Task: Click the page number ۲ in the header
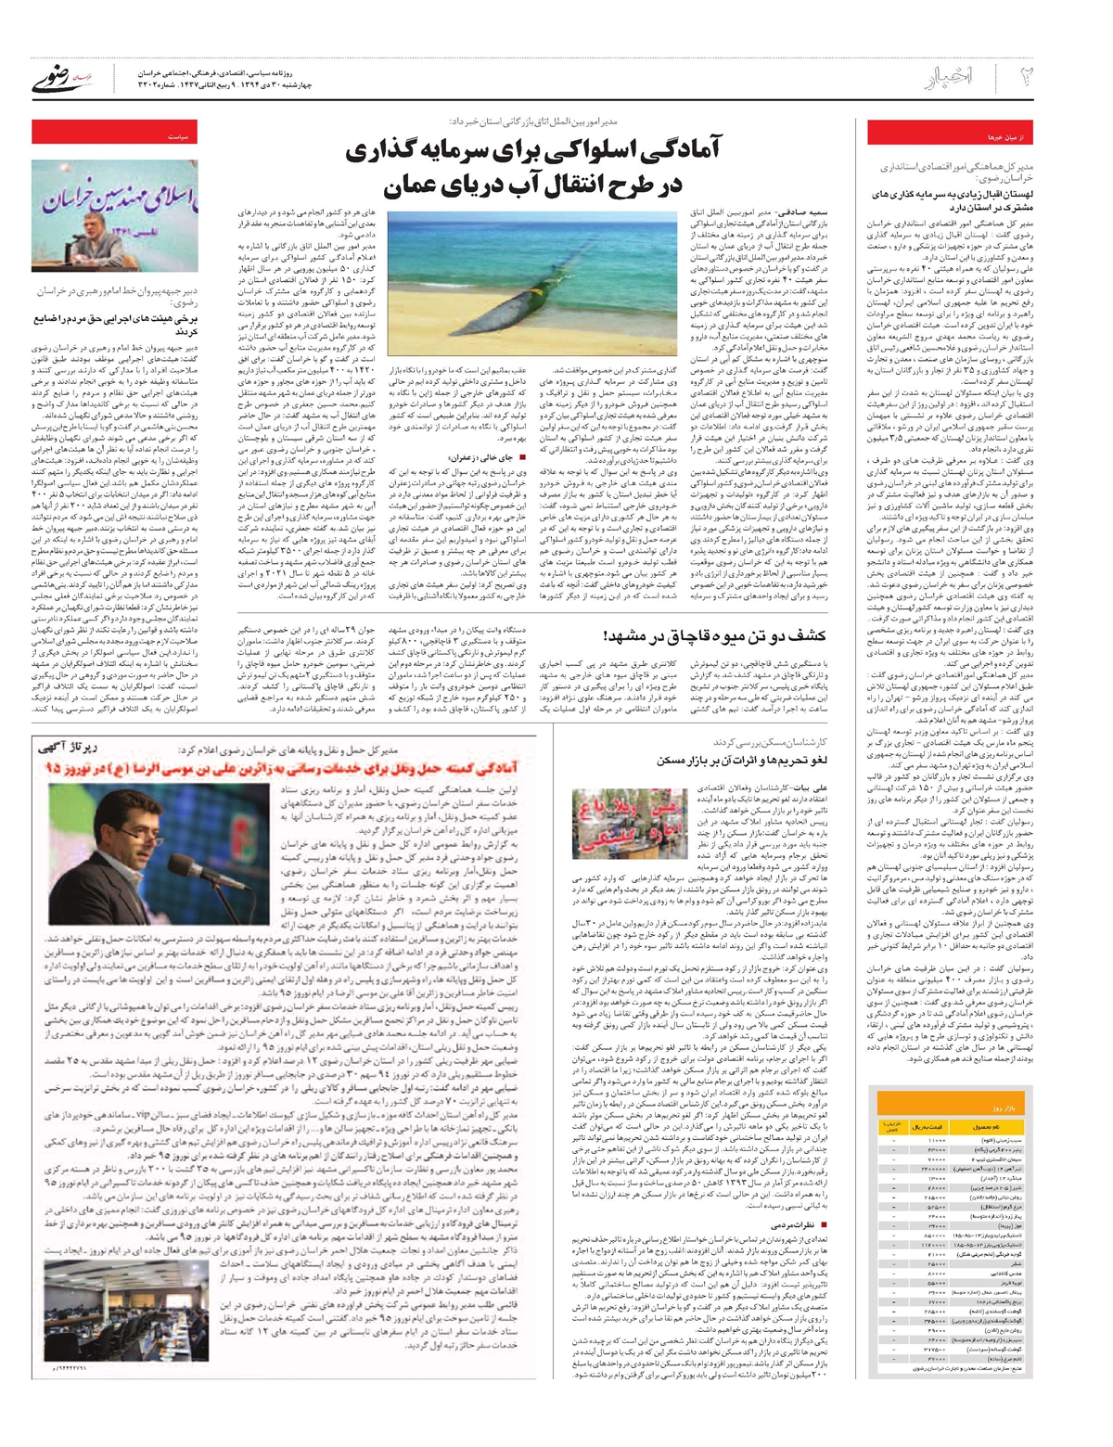(1027, 77)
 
